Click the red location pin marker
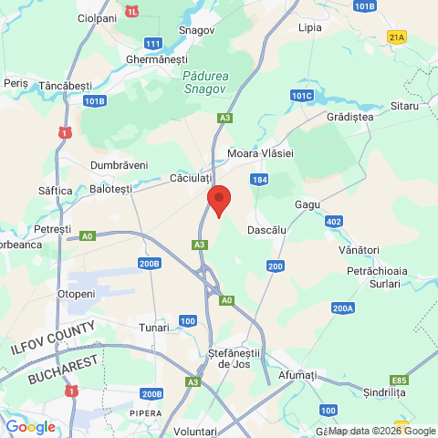pos(218,200)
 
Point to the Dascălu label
pos(267,231)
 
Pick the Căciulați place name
pos(191,177)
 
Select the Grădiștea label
pos(349,117)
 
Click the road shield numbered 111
pos(153,44)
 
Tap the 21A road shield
pos(396,37)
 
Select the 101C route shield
pos(302,95)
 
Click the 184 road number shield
pos(260,181)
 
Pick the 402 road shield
pos(333,222)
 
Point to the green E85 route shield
pos(398,380)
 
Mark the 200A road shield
pos(343,308)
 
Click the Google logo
pos(31,427)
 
